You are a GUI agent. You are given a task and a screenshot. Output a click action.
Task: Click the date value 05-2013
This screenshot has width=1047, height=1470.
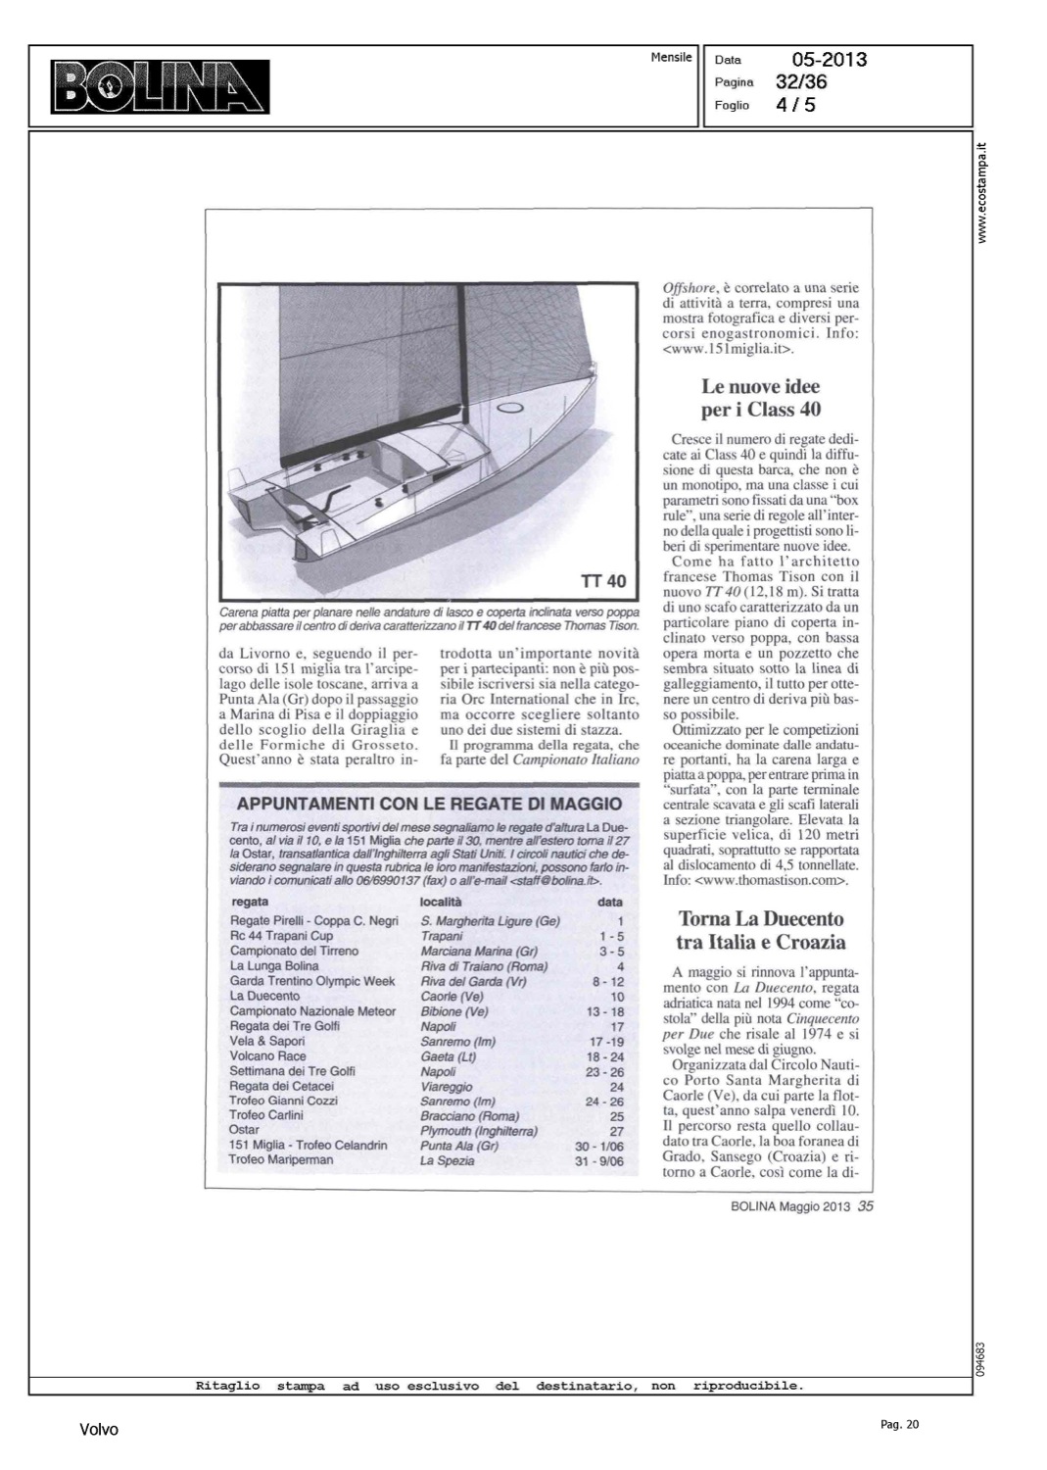pyautogui.click(x=829, y=60)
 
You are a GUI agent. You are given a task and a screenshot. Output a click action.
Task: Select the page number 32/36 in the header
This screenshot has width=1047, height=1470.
pyautogui.click(x=801, y=82)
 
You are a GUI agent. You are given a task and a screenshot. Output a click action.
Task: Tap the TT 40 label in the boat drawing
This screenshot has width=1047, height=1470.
pyautogui.click(x=602, y=581)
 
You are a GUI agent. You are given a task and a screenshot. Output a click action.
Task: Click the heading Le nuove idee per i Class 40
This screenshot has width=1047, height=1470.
pyautogui.click(x=761, y=398)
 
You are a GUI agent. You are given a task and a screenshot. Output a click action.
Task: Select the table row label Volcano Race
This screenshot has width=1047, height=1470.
pyautogui.click(x=267, y=1055)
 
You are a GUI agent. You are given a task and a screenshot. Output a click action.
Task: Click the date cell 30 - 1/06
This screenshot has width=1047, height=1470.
pyautogui.click(x=599, y=1146)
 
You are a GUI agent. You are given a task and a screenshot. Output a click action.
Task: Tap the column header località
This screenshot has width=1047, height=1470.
pyautogui.click(x=441, y=901)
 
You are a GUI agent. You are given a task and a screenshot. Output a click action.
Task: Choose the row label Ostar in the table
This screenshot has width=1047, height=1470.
pyautogui.click(x=244, y=1130)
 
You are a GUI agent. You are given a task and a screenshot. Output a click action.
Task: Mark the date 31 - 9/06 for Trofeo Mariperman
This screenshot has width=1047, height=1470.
pyautogui.click(x=599, y=1160)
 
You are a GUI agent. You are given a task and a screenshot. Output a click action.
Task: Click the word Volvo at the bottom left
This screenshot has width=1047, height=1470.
pyautogui.click(x=99, y=1430)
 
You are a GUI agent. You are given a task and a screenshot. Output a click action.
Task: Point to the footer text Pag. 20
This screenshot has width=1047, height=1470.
pyautogui.click(x=900, y=1425)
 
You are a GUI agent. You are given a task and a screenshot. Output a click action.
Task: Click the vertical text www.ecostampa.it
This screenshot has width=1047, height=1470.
pyautogui.click(x=983, y=192)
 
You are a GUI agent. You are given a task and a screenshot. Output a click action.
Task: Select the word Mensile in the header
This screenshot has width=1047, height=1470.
pyautogui.click(x=671, y=57)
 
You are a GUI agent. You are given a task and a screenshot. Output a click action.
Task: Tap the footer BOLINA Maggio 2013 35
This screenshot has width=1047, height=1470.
pyautogui.click(x=801, y=1206)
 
